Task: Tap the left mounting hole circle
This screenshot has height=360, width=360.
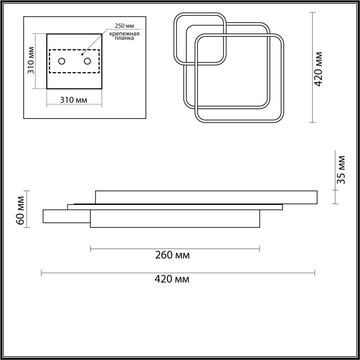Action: coord(62,61)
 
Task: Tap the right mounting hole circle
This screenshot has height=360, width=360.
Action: coord(87,61)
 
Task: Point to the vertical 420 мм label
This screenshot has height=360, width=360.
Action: coord(319,69)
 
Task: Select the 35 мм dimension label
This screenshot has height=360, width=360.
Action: coord(341,170)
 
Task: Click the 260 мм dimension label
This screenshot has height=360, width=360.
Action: coord(172,256)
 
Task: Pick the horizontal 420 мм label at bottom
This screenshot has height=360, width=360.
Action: coord(172,279)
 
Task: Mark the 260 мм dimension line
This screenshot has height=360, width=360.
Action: coord(175,248)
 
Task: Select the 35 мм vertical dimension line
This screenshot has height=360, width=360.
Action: coord(335,177)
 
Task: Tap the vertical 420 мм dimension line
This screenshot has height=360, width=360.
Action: coord(312,67)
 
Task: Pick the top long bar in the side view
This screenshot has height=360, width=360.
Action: coord(206,197)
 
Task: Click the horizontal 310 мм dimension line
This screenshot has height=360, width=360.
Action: coord(75,106)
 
